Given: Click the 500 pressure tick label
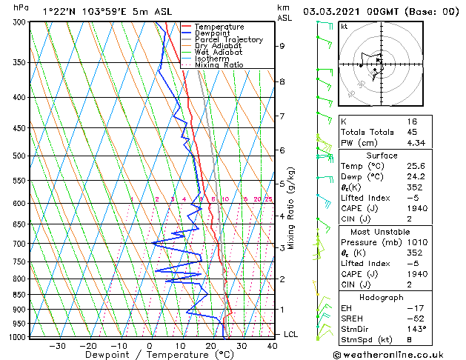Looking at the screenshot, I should pos(21,156).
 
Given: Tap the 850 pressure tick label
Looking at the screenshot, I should pos(21,294).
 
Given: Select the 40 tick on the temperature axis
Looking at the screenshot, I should pos(272,345).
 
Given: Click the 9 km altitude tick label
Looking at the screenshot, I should pos(282,46).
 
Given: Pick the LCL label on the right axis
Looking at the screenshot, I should pos(291,334).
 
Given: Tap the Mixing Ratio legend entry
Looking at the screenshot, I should pos(219,65).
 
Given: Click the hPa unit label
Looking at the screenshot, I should pos(21,8).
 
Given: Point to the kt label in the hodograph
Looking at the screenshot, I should pos(344,27).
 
